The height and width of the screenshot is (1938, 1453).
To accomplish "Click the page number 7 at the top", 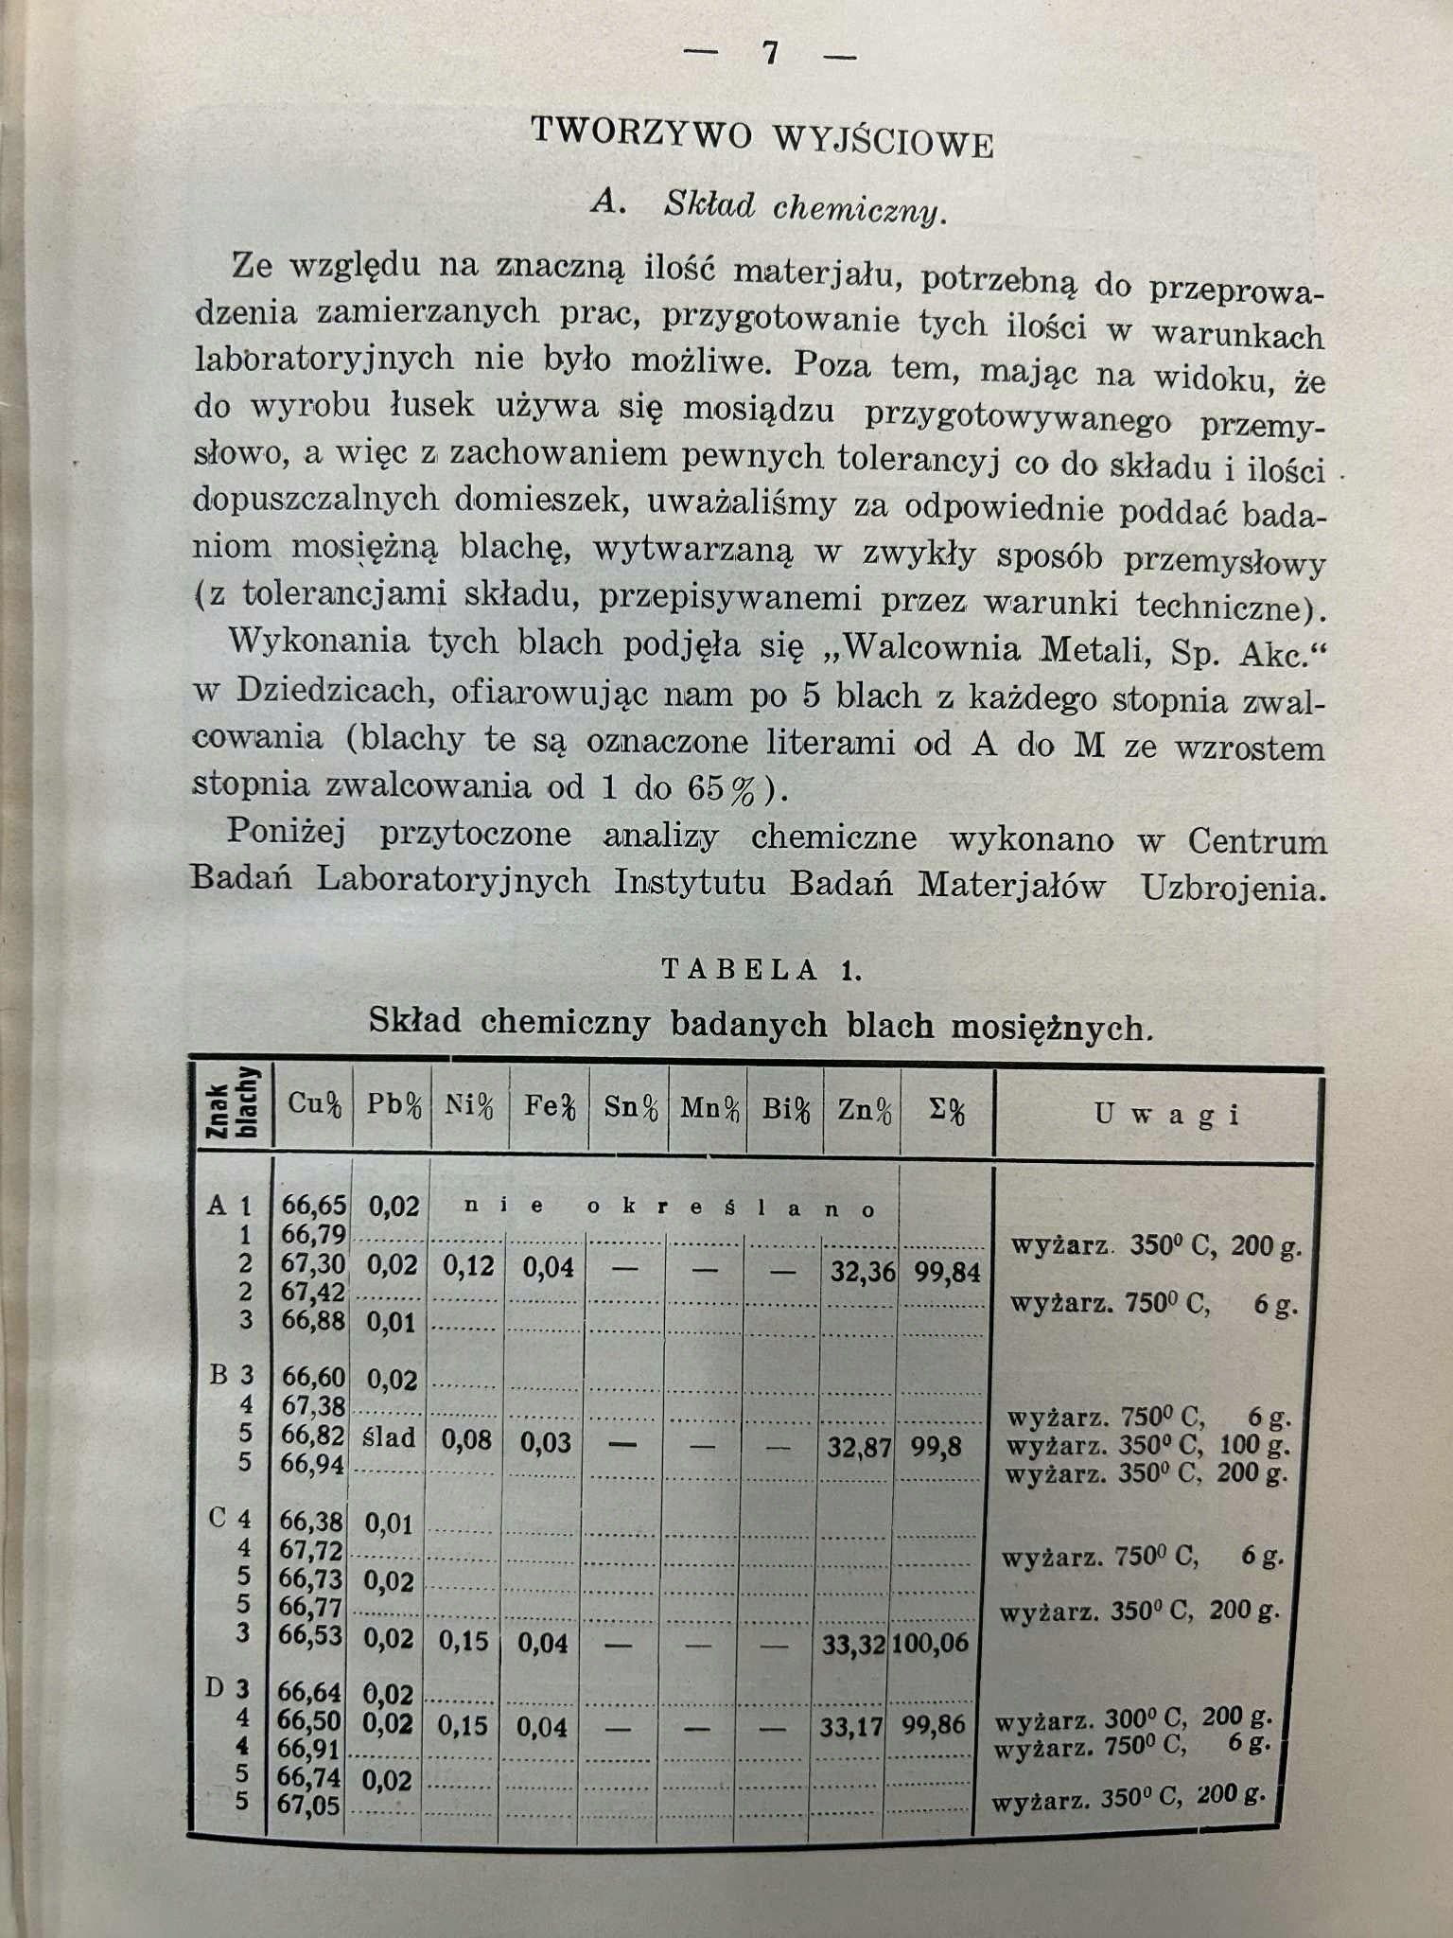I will pos(770,53).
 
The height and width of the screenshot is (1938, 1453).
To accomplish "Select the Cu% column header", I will pos(314,1104).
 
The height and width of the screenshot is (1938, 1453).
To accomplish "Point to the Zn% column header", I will pos(864,1110).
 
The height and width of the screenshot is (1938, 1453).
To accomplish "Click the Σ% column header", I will pos(947,1112).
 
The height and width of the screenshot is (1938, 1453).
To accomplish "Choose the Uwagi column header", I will pos(1166,1114).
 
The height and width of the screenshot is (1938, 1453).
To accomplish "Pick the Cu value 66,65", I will pos(314,1206).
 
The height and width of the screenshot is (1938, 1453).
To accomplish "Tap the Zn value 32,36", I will pos(863,1271).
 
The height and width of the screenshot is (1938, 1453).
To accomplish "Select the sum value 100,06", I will pos(930,1643).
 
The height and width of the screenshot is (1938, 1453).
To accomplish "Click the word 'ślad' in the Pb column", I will pos(390,1438).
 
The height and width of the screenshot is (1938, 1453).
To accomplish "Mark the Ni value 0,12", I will pos(468,1266).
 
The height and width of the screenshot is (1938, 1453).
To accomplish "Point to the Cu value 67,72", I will pos(311,1550).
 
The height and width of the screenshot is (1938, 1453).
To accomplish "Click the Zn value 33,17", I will pos(851,1727).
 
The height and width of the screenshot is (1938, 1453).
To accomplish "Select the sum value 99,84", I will pos(947,1273).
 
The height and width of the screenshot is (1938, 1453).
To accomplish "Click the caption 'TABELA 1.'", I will pos(762,970).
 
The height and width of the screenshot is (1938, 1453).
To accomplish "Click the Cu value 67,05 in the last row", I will pos(307,1806).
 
